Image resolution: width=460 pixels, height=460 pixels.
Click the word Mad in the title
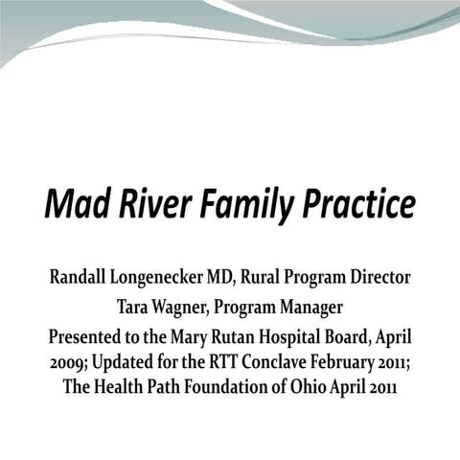coord(76,205)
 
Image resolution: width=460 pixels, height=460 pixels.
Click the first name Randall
coord(80,278)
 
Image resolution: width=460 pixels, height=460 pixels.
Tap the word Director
coord(379,278)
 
